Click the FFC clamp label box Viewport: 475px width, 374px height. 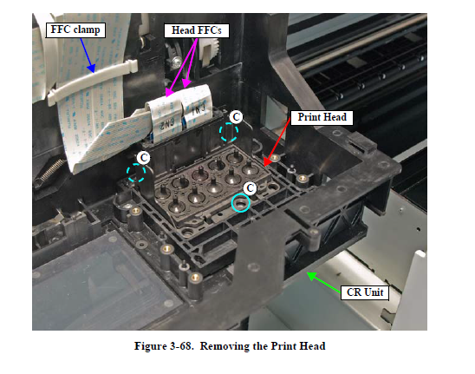pos(75,30)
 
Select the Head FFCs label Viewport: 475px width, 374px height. pos(196,30)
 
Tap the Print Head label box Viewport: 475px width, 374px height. pos(322,117)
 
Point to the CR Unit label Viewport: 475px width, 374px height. pos(365,292)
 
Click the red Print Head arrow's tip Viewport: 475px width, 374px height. pos(264,165)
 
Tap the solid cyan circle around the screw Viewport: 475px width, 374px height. pos(241,203)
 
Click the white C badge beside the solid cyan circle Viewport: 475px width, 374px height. pos(250,188)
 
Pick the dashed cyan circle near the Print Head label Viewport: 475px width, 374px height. pos(229,132)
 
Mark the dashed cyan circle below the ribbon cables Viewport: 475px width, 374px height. pos(136,173)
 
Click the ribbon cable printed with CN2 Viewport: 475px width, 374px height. pos(164,121)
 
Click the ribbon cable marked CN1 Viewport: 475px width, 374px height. pos(196,107)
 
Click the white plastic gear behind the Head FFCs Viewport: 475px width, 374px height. pos(211,49)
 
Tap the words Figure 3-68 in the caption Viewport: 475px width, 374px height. pos(164,346)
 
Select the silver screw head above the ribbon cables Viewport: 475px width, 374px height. pos(175,62)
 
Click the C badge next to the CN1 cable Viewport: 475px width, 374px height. pos(236,117)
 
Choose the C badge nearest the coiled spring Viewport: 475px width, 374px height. pos(143,158)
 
